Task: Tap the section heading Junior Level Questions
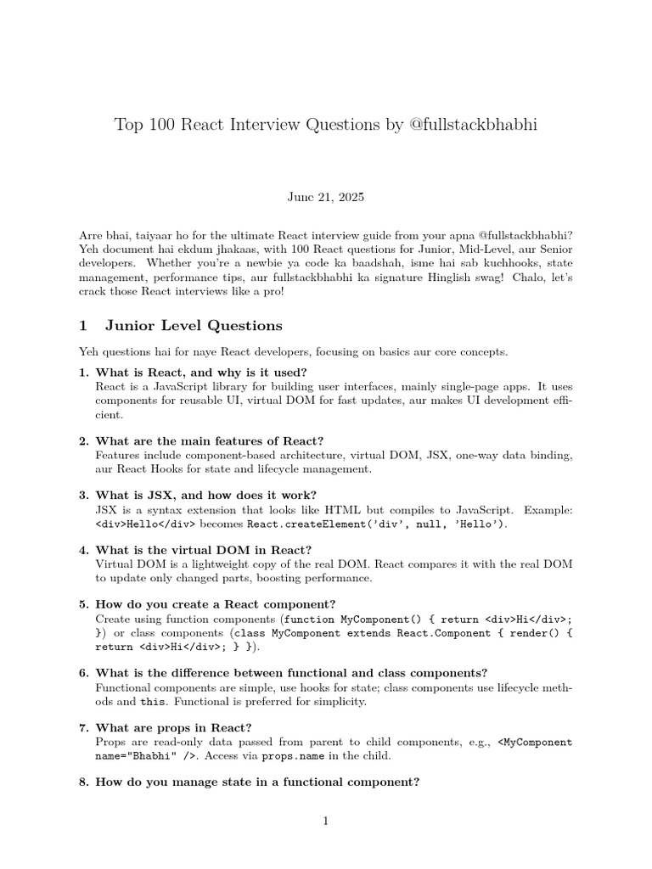pyautogui.click(x=194, y=325)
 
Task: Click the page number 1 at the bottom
pyautogui.click(x=325, y=820)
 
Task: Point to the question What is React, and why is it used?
pyautogui.click(x=201, y=373)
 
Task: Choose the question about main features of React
pyautogui.click(x=209, y=440)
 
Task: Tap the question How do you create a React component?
pyautogui.click(x=216, y=603)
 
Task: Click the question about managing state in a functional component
pyautogui.click(x=257, y=782)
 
